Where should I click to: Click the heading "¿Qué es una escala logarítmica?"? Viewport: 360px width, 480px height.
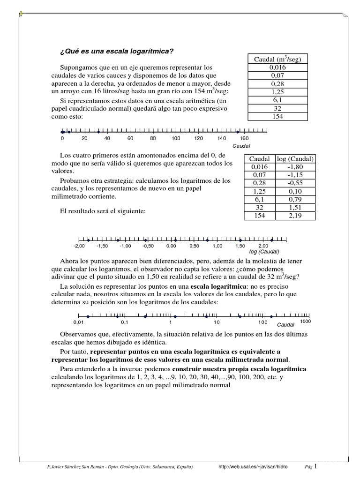coord(117,51)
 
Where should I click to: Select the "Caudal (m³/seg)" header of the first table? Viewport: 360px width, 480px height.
coord(277,60)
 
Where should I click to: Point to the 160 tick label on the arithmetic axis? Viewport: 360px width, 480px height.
coord(244,139)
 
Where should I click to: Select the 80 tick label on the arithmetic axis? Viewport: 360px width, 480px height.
coord(153,139)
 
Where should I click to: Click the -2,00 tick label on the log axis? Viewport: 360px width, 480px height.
coord(79,246)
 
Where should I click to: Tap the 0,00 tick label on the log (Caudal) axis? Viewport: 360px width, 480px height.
coord(171,246)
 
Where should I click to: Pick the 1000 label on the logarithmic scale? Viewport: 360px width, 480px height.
coord(305,322)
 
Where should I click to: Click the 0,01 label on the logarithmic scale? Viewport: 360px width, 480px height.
coord(78,322)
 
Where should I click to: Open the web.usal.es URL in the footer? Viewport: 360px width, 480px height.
coord(253,467)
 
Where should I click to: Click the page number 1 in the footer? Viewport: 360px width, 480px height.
coord(315,466)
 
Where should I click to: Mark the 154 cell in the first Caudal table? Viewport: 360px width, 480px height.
coord(277,116)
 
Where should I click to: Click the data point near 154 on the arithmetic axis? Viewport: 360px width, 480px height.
coord(238,132)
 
